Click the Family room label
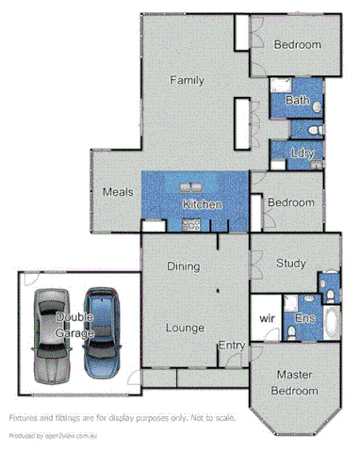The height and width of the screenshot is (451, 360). (187, 81)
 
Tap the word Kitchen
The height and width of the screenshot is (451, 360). (202, 204)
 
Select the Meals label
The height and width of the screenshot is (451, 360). (117, 192)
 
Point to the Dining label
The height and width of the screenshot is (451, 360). (183, 266)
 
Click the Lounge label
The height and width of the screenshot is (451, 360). (186, 328)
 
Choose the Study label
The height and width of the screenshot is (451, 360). (290, 264)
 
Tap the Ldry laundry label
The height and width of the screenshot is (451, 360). (302, 153)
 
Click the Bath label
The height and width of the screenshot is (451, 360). (297, 100)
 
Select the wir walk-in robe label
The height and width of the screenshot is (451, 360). (267, 319)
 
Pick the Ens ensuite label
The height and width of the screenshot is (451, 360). (303, 319)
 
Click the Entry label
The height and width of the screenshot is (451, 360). (232, 346)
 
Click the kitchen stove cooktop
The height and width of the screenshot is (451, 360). (190, 226)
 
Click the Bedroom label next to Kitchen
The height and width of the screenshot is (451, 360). (290, 202)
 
